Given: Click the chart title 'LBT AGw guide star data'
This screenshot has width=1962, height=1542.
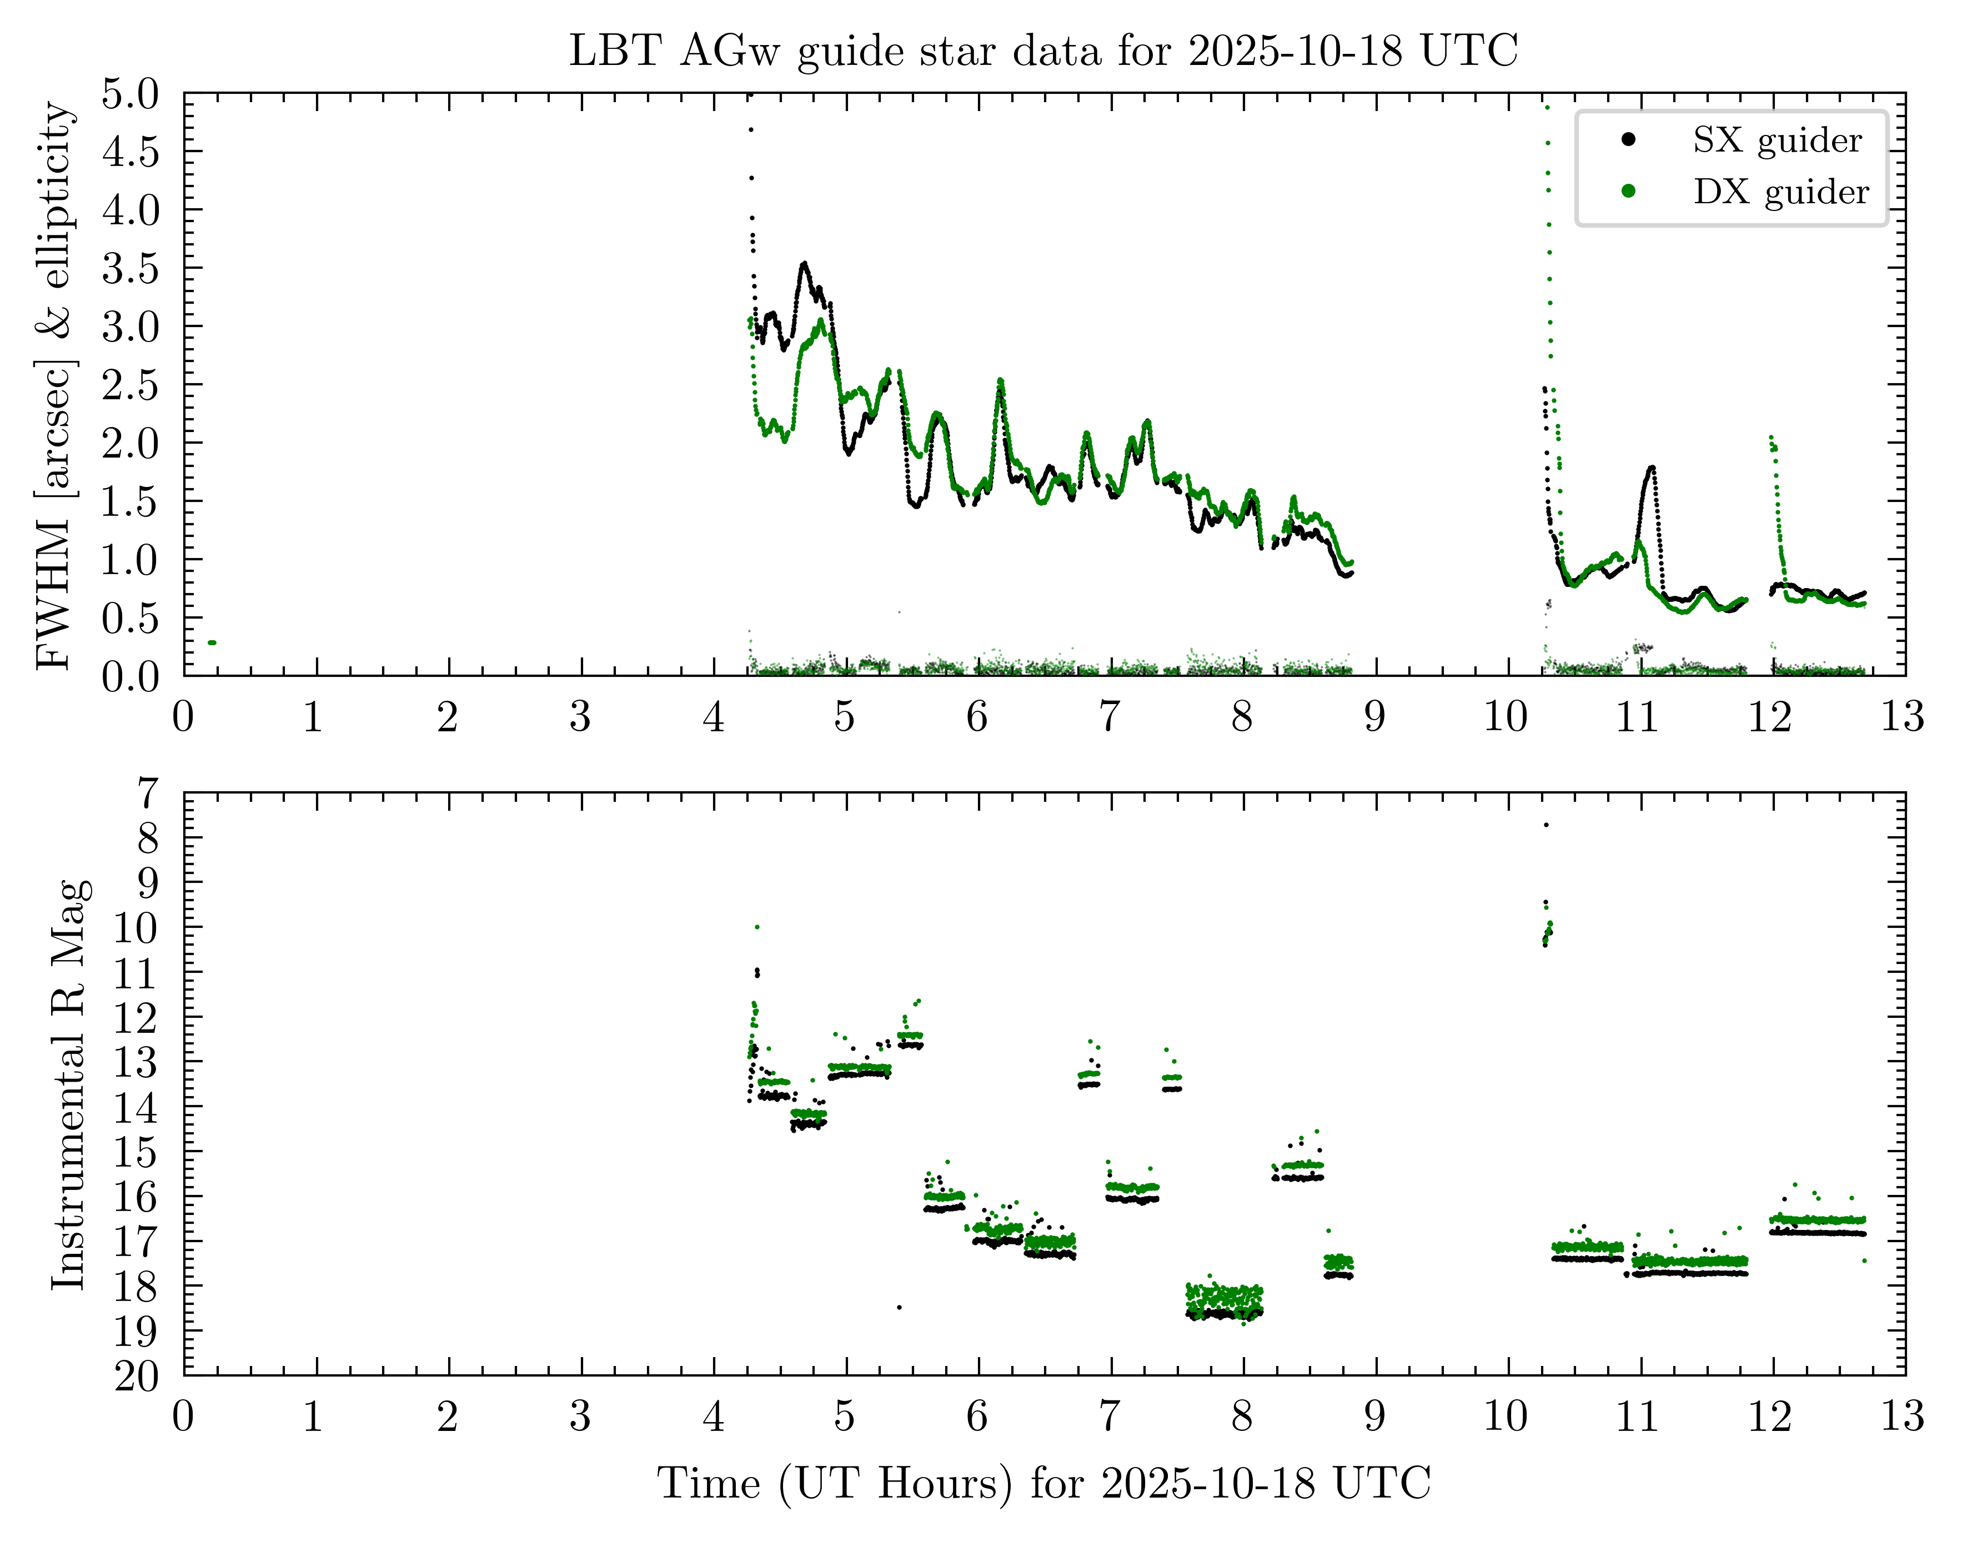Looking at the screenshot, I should (x=1043, y=51).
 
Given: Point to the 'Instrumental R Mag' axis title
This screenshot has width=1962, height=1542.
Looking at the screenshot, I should (x=69, y=1083).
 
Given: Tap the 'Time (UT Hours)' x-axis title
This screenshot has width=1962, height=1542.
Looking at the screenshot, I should (x=1043, y=1483).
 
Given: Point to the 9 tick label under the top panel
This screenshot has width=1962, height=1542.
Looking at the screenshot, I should (x=1374, y=717).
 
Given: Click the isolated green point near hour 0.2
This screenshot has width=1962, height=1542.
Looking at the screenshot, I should (x=211, y=643).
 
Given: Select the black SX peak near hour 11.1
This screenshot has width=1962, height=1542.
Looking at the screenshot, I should (x=1652, y=468).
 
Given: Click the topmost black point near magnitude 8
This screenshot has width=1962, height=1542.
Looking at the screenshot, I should (x=1545, y=824).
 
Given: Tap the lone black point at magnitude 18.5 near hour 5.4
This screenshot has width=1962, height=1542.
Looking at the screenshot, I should (x=899, y=1307).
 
